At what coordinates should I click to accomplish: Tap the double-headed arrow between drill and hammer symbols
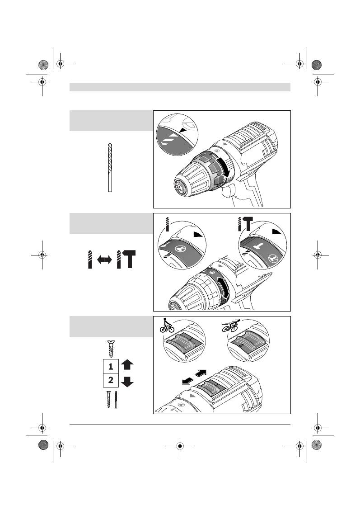(104, 260)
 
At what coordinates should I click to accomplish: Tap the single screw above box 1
(109, 349)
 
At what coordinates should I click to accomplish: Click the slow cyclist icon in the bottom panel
(167, 327)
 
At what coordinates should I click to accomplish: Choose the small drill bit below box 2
(116, 400)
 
